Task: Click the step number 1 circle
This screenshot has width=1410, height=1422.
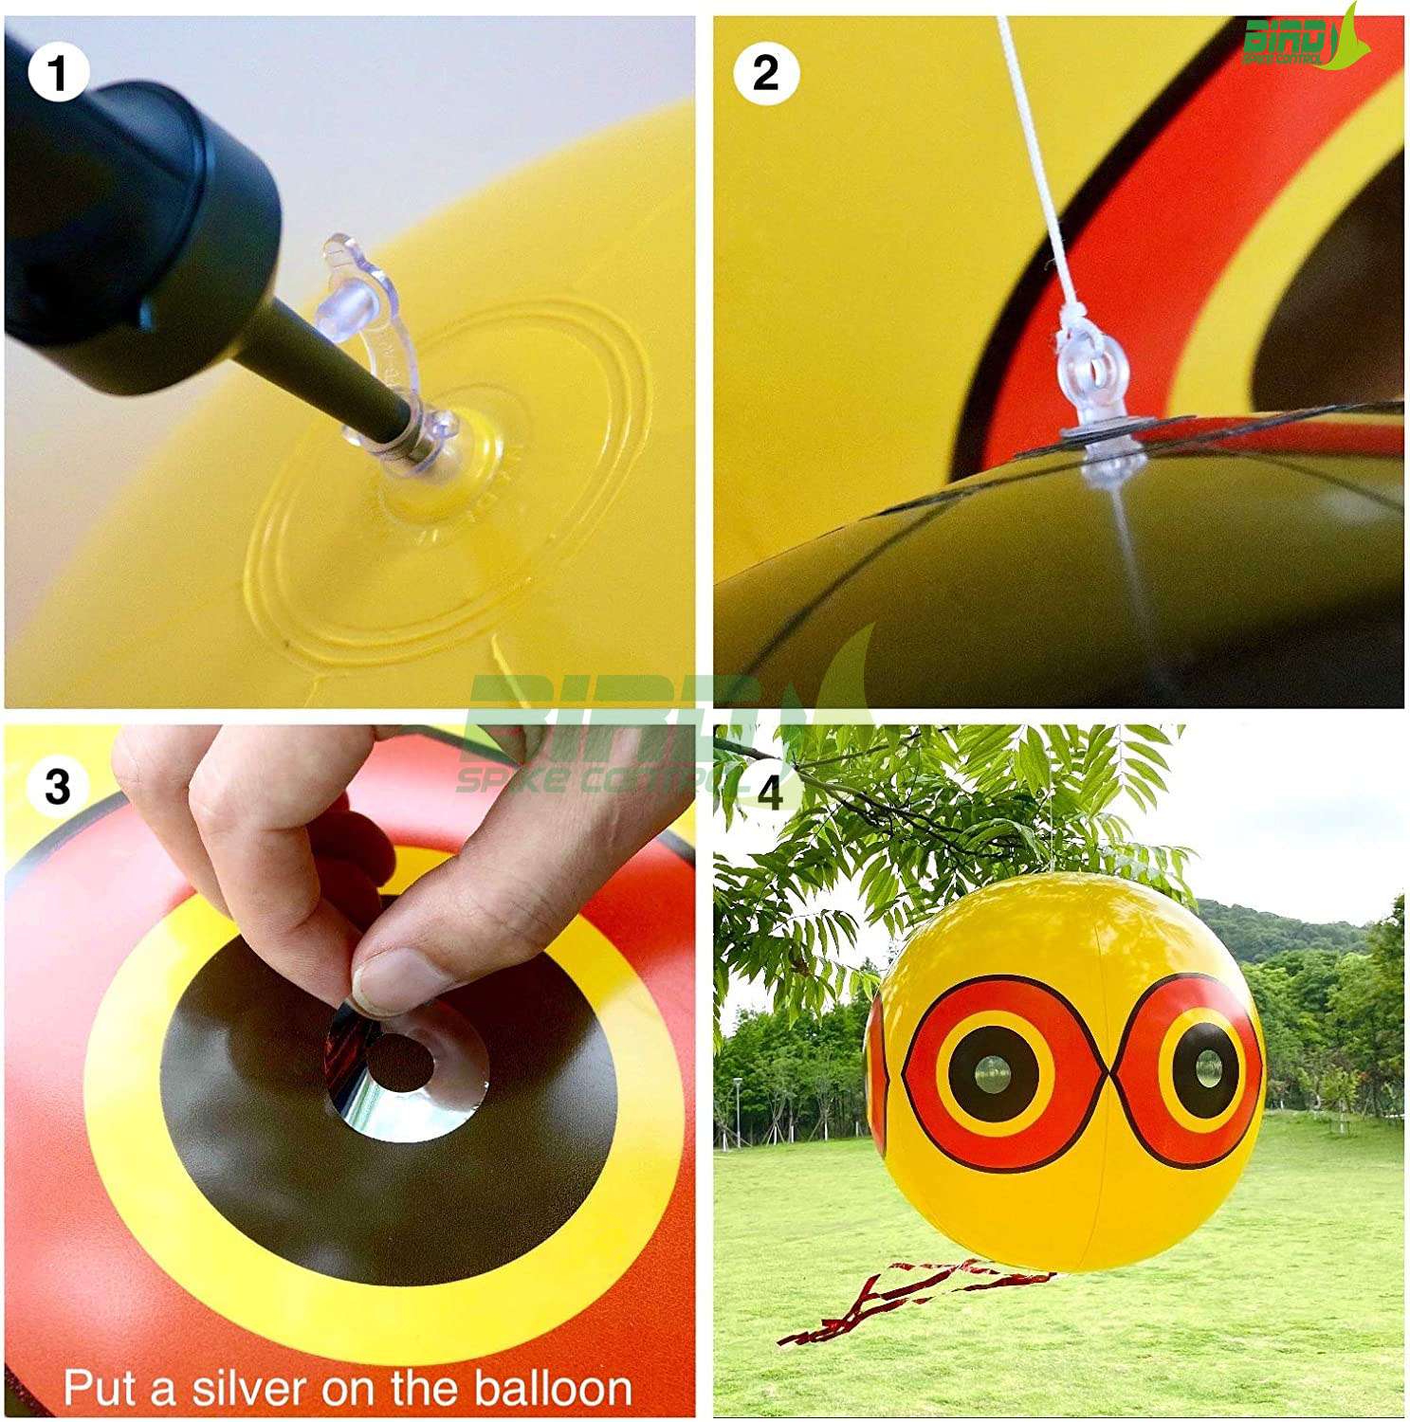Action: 58,72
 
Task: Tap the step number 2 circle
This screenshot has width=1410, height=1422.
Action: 765,73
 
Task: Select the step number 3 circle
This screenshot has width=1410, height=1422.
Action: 58,786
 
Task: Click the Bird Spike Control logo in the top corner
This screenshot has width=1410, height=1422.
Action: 1305,40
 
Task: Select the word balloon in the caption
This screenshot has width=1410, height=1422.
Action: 553,1389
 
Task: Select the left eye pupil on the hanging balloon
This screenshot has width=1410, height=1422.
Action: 993,1074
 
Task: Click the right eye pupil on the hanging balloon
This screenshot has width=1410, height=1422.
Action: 1206,1068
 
